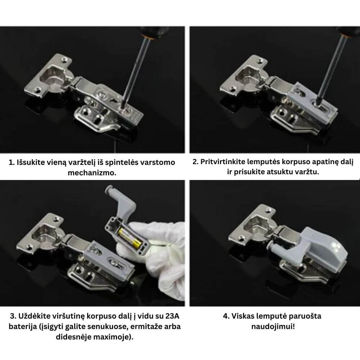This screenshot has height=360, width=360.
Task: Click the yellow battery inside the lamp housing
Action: click(x=130, y=238)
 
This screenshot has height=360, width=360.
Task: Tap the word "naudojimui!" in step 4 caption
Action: click(x=273, y=326)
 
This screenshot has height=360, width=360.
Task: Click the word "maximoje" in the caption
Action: click(x=115, y=337)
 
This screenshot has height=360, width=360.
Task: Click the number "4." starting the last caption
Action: click(x=226, y=316)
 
